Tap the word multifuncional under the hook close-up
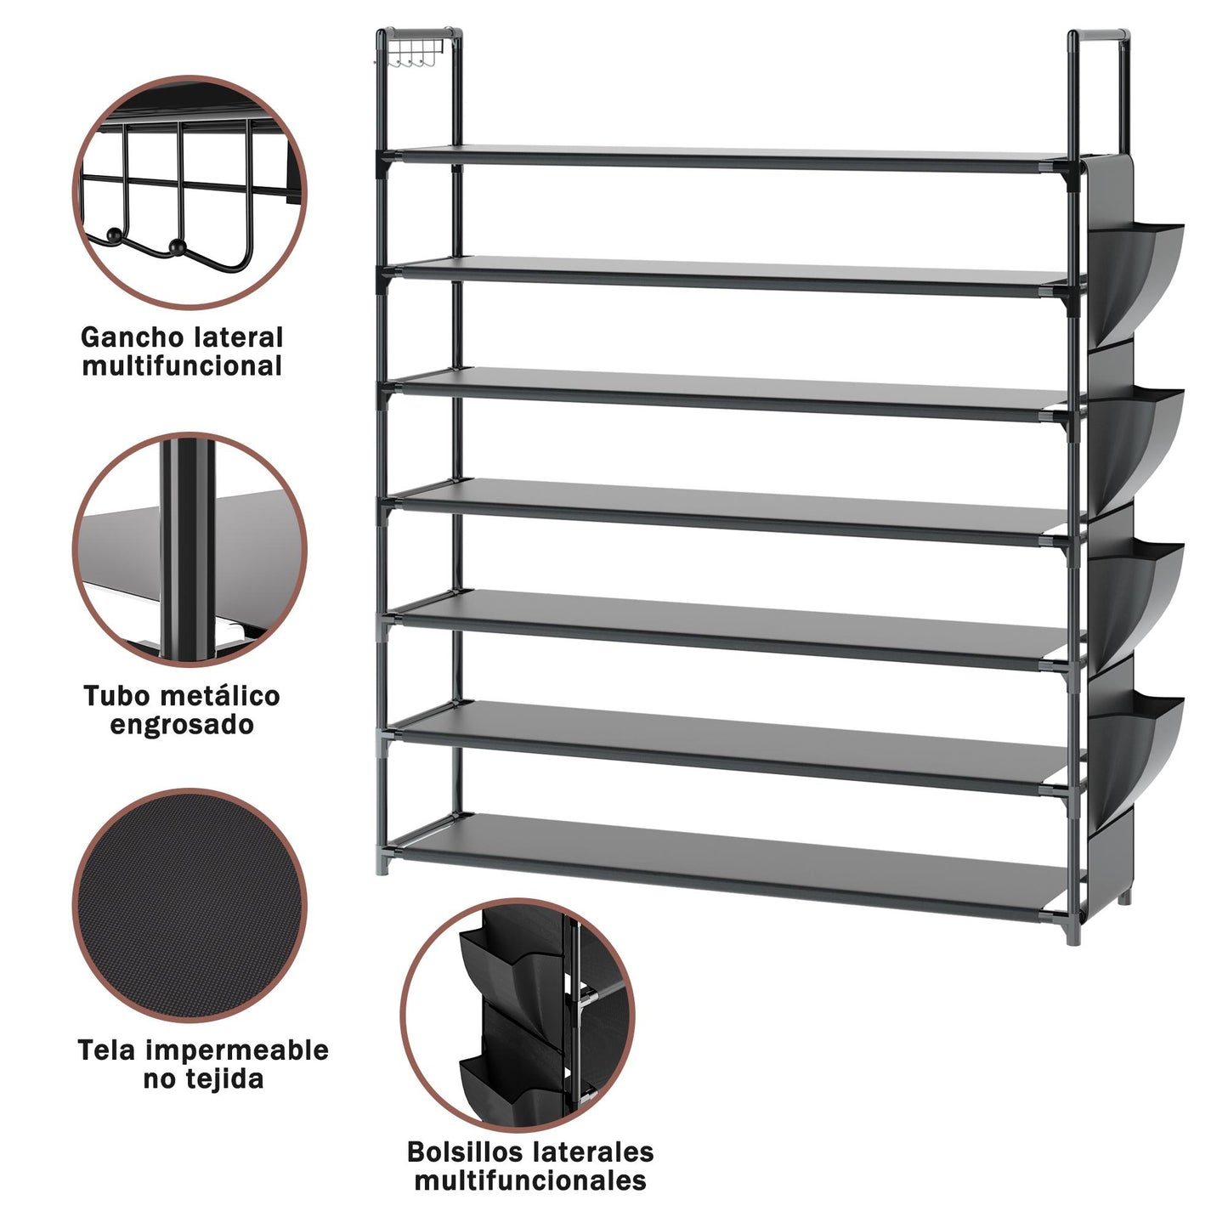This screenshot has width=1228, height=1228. pyautogui.click(x=182, y=366)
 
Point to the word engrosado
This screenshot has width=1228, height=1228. pyautogui.click(x=182, y=725)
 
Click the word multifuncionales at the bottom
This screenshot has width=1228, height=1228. pyautogui.click(x=530, y=1180)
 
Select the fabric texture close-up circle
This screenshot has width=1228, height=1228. pyautogui.click(x=190, y=906)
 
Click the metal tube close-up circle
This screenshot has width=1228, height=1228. pyautogui.click(x=190, y=549)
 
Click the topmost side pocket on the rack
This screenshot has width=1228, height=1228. pyautogui.click(x=1135, y=280)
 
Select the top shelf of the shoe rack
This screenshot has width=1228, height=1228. pyautogui.click(x=733, y=159)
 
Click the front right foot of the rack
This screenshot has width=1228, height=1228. pyautogui.click(x=1073, y=931)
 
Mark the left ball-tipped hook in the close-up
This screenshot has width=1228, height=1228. pyautogui.click(x=114, y=235)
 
